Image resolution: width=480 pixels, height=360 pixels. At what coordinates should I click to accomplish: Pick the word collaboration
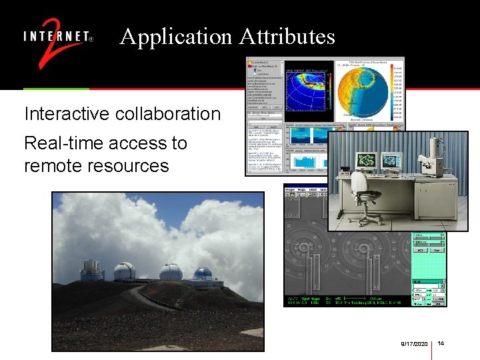(168, 114)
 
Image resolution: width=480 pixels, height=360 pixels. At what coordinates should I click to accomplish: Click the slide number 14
(441, 343)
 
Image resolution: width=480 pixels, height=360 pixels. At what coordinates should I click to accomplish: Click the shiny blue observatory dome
(202, 274)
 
